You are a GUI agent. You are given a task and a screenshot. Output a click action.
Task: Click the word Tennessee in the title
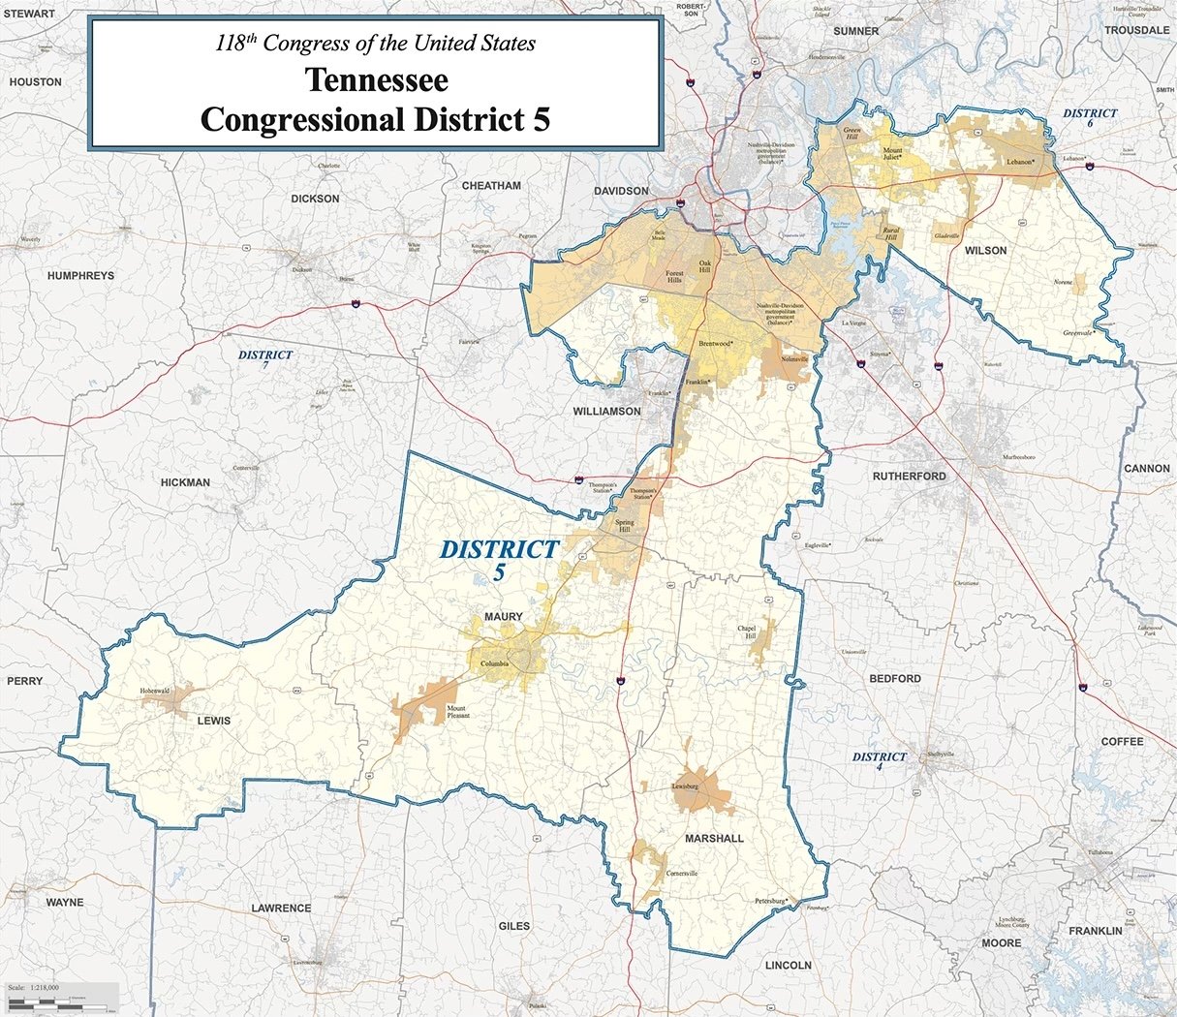tap(376, 79)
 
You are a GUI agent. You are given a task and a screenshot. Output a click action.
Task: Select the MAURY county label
tap(503, 617)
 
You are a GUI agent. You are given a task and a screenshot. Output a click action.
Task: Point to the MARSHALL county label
tap(714, 838)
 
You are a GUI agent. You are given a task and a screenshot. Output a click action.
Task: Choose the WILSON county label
tap(985, 251)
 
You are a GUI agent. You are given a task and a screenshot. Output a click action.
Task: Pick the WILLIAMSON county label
tap(606, 412)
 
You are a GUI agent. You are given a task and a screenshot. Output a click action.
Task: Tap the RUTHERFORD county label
tap(909, 477)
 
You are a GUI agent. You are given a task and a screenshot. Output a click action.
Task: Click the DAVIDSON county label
tap(621, 191)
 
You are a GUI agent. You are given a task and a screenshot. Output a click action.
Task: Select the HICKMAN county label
tap(185, 482)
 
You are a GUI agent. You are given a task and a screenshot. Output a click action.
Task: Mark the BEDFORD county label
tap(894, 679)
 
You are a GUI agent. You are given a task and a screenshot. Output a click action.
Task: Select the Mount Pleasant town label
tap(457, 713)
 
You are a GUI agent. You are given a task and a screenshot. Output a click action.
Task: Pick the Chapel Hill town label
tap(746, 632)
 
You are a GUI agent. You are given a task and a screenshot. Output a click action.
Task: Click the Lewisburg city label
tap(685, 786)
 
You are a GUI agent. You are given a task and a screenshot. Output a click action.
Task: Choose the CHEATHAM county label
tap(491, 186)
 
